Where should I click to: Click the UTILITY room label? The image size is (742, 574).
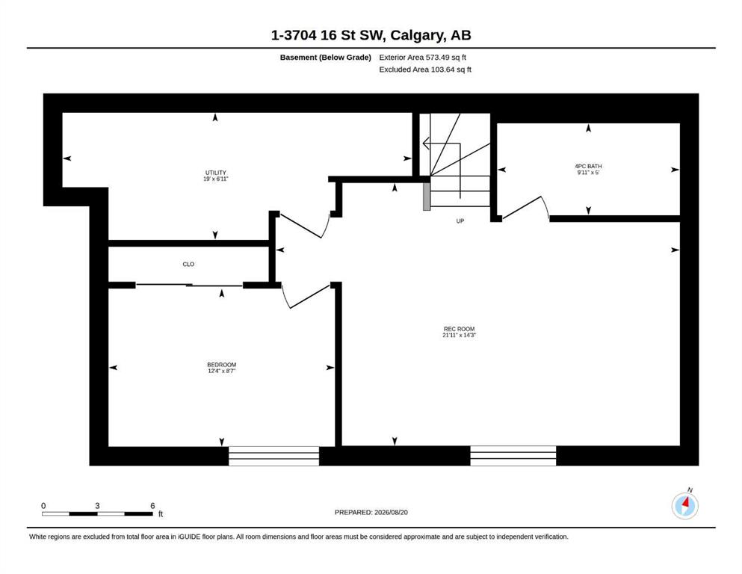[x=216, y=173]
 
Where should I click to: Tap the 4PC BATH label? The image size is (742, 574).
[x=588, y=166]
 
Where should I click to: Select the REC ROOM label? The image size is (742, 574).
[x=459, y=329]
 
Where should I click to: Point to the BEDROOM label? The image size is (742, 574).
[x=221, y=365]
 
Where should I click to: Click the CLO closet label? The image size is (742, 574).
[x=188, y=264]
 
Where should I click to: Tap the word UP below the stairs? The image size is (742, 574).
[x=460, y=221]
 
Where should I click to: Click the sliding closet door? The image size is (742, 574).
[x=189, y=285]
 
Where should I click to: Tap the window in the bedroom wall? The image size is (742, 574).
[x=274, y=456]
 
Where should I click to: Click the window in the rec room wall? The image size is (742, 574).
[x=513, y=456]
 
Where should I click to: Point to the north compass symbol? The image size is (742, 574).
[x=684, y=505]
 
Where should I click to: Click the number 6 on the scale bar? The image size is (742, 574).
[x=152, y=505]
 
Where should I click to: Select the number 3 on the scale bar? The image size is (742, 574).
[x=97, y=505]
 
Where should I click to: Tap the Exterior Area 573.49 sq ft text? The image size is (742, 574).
[x=423, y=58]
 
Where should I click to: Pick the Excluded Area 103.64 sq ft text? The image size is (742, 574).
[x=425, y=69]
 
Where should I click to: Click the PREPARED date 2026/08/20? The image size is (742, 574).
[x=391, y=512]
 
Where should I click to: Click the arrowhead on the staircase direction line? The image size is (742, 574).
[x=425, y=143]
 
